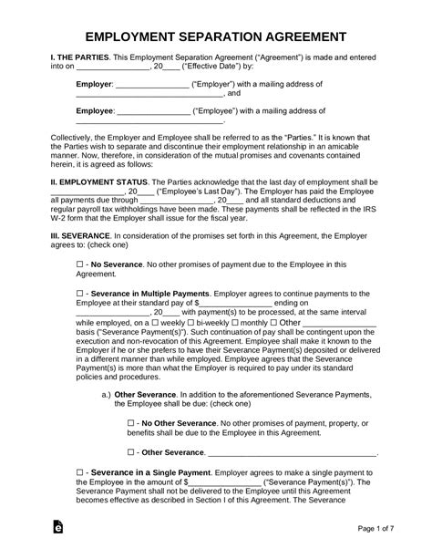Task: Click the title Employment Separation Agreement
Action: (216, 37)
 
